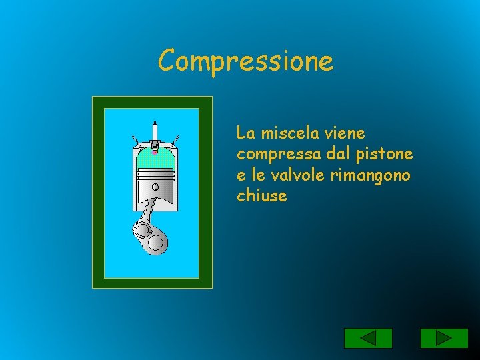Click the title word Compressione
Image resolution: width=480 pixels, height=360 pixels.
pos(245,61)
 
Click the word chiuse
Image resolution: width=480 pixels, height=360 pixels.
pos(261,196)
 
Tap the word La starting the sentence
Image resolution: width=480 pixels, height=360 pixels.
pos(245,133)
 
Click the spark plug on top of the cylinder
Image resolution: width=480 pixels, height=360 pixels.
pos(155,133)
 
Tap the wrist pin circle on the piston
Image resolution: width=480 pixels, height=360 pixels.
pos(155,187)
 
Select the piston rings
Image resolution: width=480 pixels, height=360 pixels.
pos(155,175)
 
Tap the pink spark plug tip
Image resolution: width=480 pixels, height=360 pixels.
pos(155,151)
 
